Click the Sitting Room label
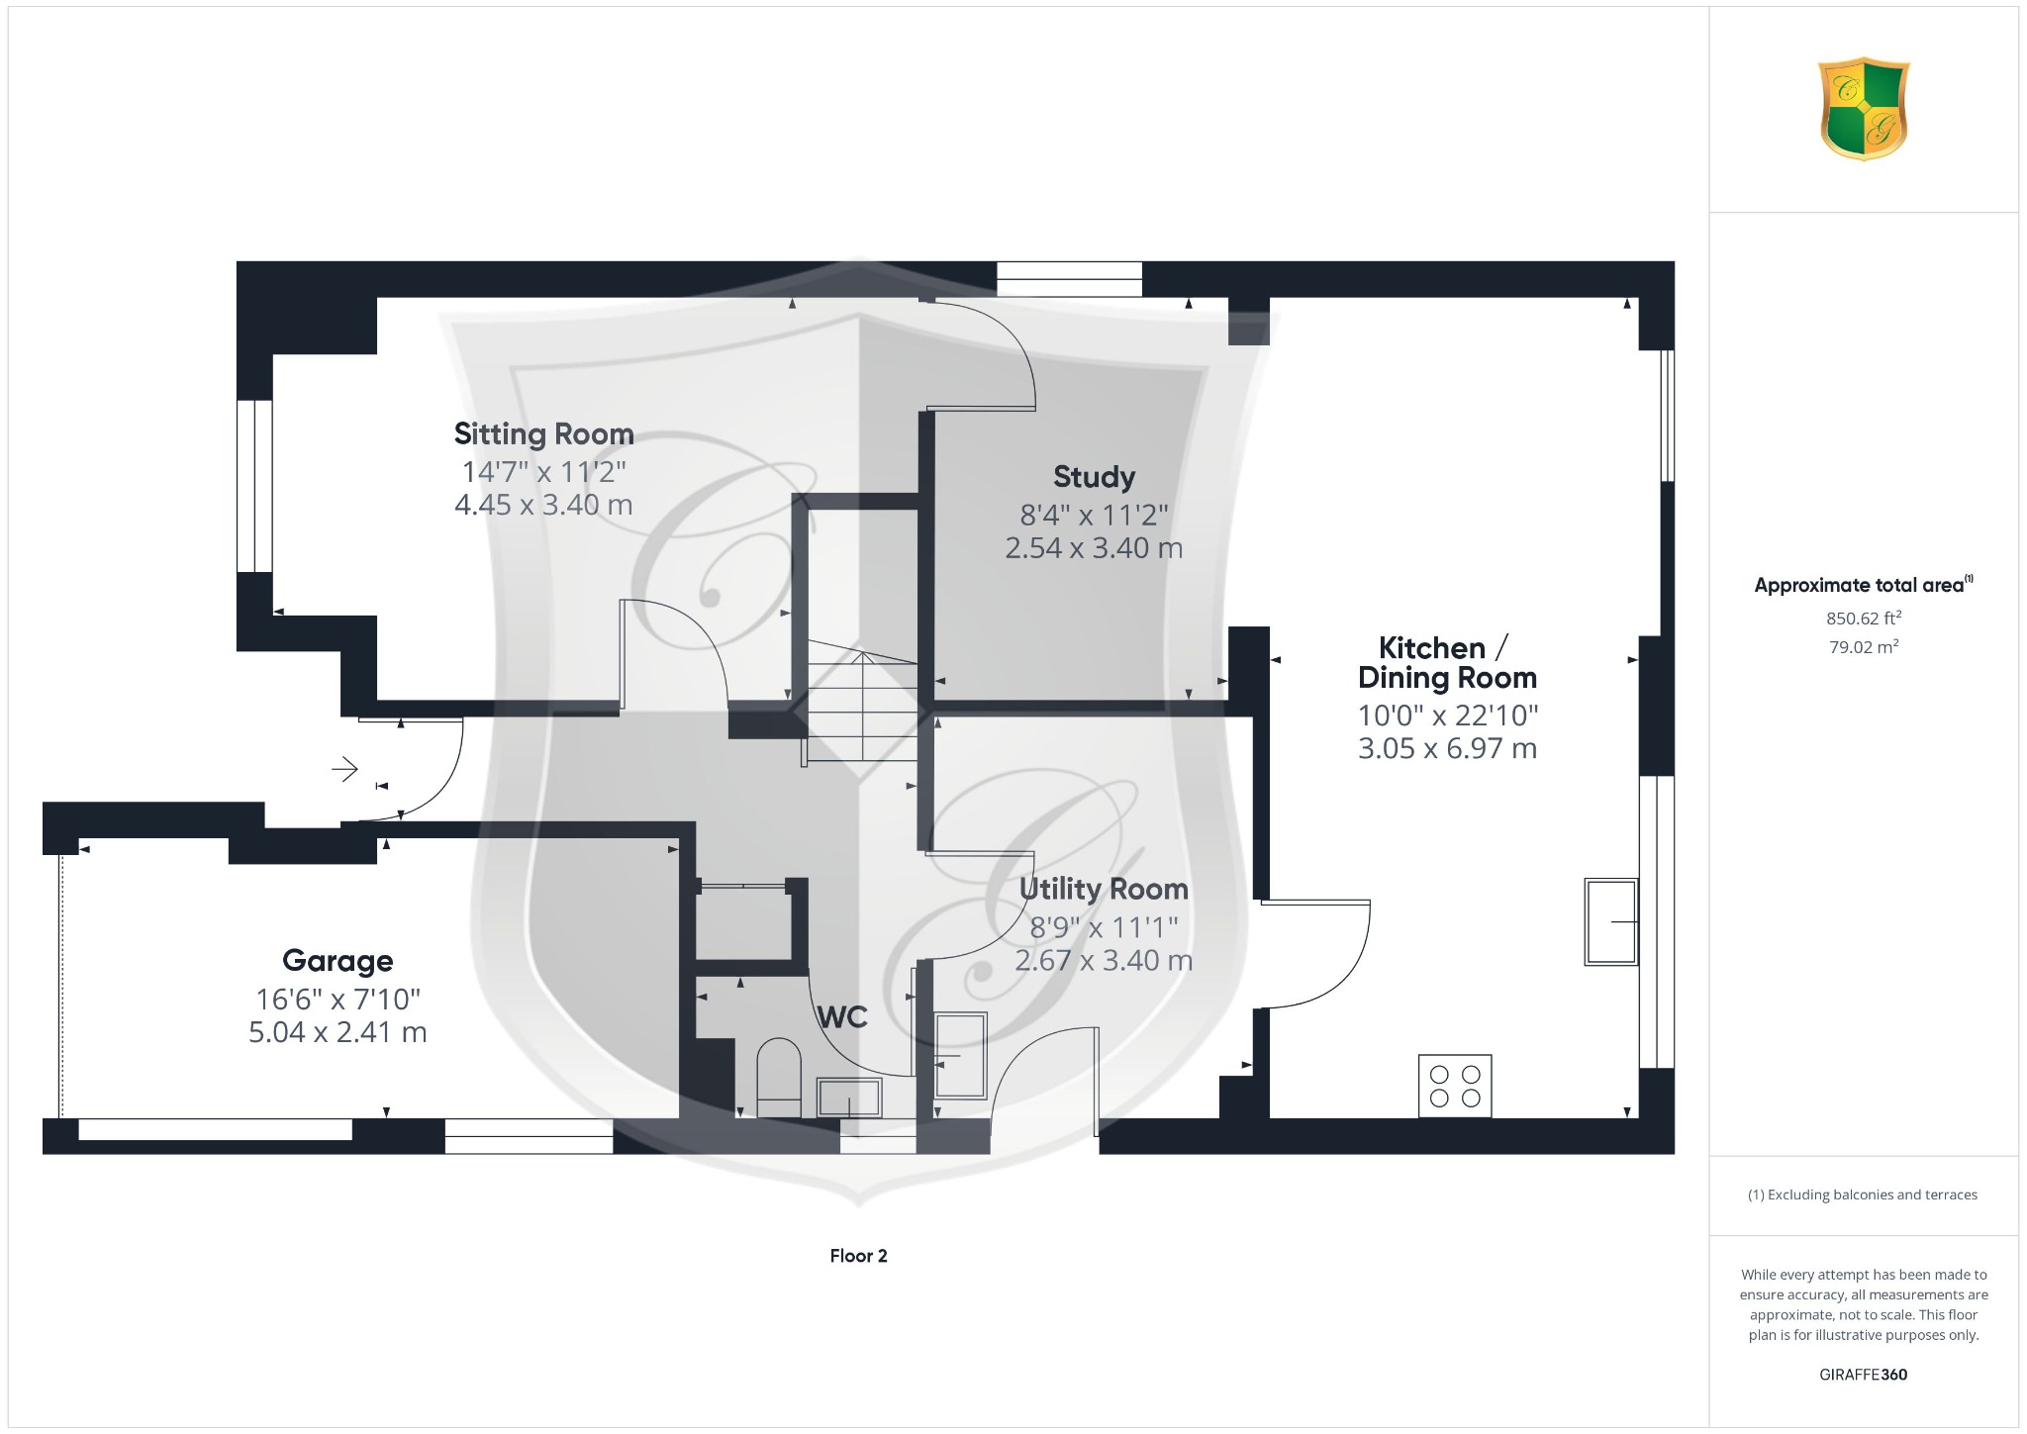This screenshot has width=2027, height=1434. pyautogui.click(x=543, y=433)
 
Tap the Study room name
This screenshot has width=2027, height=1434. pyautogui.click(x=1094, y=477)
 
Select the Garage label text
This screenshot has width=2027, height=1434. pyautogui.click(x=338, y=961)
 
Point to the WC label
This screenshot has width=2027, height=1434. pyautogui.click(x=842, y=1017)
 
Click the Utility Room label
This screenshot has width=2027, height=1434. pyautogui.click(x=1104, y=890)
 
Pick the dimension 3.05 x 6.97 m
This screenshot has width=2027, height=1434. pyautogui.click(x=1447, y=748)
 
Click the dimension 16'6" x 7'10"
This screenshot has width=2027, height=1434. pyautogui.click(x=338, y=999)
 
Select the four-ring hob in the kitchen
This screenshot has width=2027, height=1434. pyautogui.click(x=1455, y=1086)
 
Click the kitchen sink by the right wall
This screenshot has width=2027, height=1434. pyautogui.click(x=1610, y=921)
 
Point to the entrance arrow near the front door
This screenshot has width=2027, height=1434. pyautogui.click(x=344, y=769)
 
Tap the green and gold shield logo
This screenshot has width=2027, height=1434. pyautogui.click(x=1864, y=109)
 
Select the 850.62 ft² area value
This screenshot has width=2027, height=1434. pyautogui.click(x=1864, y=619)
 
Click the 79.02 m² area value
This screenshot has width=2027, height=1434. pyautogui.click(x=1864, y=647)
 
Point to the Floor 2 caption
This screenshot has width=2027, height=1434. pyautogui.click(x=858, y=1256)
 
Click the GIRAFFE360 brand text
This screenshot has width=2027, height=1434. pyautogui.click(x=1863, y=1375)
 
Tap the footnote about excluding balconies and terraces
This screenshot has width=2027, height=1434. pyautogui.click(x=1863, y=1195)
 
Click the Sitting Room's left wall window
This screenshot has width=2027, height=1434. pyautogui.click(x=254, y=486)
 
